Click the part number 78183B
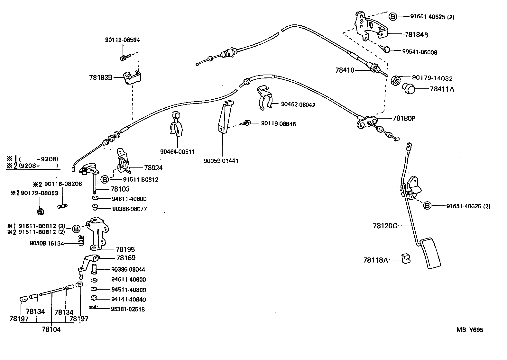pyautogui.click(x=101, y=77)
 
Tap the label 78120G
pyautogui.click(x=385, y=226)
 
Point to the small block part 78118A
pyautogui.click(x=406, y=257)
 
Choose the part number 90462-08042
pyautogui.click(x=298, y=104)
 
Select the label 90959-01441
pyautogui.click(x=221, y=161)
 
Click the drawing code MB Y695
pyautogui.click(x=469, y=330)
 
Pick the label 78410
pyautogui.click(x=345, y=70)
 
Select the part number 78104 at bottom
pyautogui.click(x=51, y=329)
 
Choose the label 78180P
pyautogui.click(x=404, y=118)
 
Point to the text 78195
pyautogui.click(x=125, y=249)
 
